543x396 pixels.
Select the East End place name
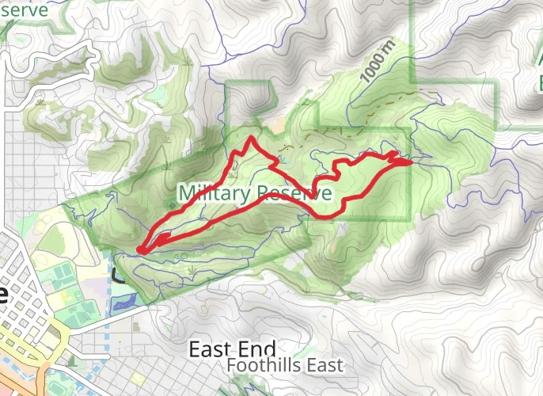(x=232, y=348)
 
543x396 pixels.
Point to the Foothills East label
(x=285, y=366)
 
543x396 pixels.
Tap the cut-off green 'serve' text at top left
(x=24, y=10)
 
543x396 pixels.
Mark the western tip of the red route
(x=139, y=250)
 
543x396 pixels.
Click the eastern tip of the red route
(x=409, y=162)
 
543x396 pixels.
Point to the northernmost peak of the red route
(x=252, y=139)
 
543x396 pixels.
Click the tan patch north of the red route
(x=279, y=125)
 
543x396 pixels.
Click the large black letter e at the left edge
(x=3, y=295)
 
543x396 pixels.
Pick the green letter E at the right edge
(x=537, y=81)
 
